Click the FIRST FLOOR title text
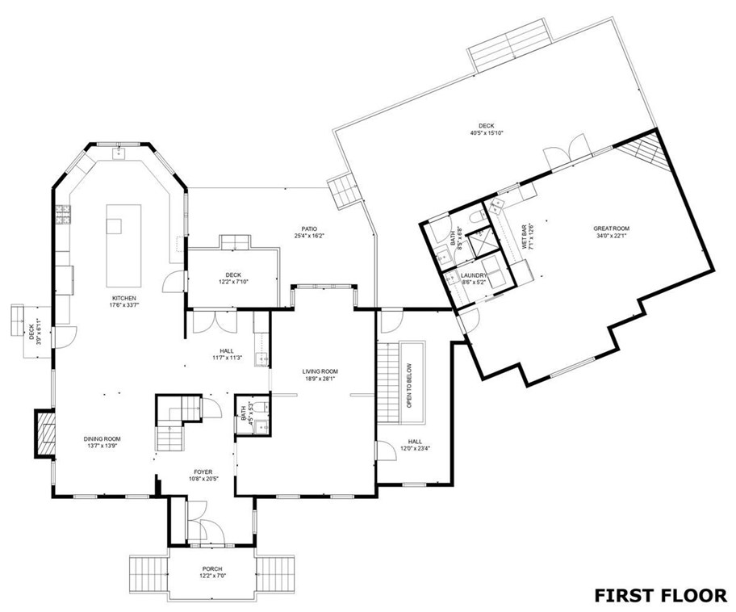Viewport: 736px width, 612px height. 659,595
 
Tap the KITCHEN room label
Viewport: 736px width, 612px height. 123,299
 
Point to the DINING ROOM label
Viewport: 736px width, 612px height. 102,439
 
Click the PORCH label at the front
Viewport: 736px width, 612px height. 211,569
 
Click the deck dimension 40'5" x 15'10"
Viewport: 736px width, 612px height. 486,133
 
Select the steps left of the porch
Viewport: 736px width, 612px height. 148,576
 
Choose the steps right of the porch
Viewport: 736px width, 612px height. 275,576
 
